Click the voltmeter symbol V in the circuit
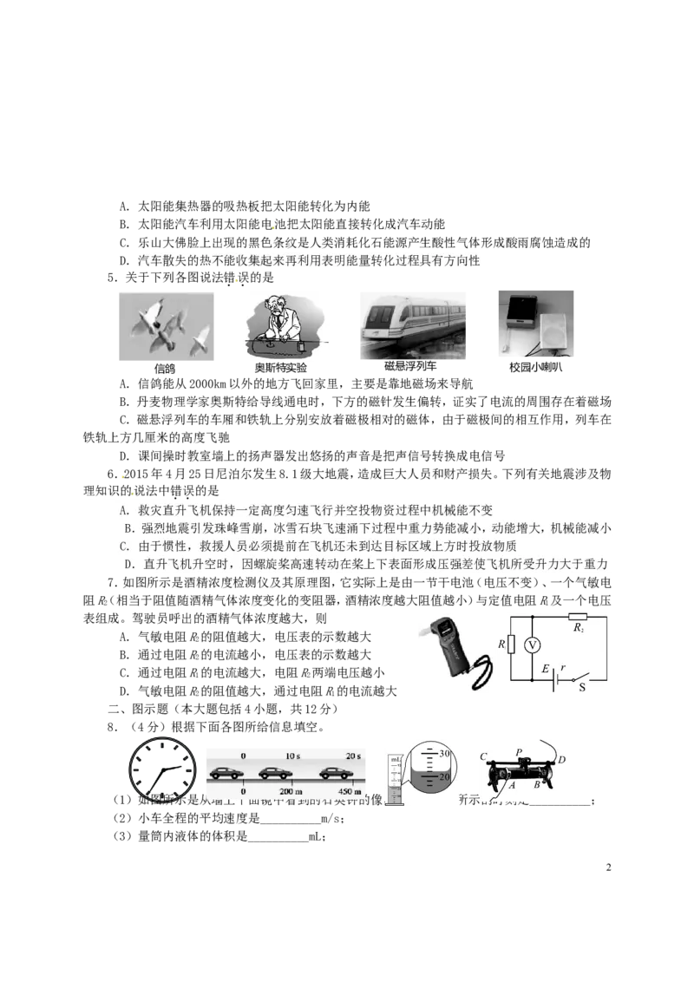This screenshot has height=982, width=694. (534, 645)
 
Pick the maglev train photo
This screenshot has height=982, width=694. (412, 325)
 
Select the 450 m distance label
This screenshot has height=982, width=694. (350, 792)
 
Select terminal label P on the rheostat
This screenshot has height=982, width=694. (519, 751)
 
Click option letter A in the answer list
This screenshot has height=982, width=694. (125, 510)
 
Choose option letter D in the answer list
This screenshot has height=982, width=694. (130, 565)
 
